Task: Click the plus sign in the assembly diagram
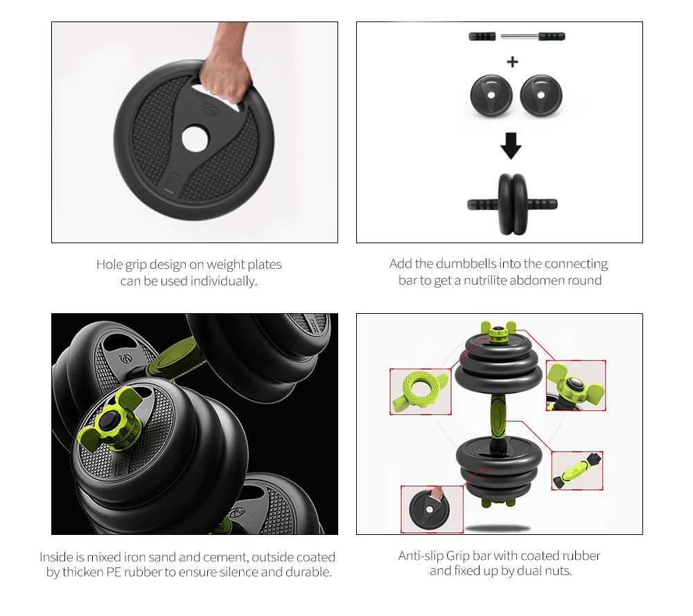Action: [x=512, y=62]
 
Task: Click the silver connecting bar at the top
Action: [x=522, y=36]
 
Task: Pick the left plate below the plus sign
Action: [x=491, y=96]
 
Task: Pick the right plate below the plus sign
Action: [x=541, y=96]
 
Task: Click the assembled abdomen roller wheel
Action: [x=512, y=203]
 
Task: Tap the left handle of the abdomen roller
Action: [x=482, y=204]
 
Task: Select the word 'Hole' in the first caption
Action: [x=109, y=264]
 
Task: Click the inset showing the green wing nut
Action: [x=575, y=385]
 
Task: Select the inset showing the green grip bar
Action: [x=577, y=471]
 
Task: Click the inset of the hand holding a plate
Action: [x=432, y=509]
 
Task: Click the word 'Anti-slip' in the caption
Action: [x=421, y=556]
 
